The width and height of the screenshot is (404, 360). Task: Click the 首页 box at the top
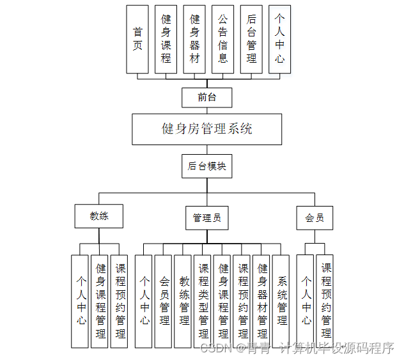[x=137, y=39]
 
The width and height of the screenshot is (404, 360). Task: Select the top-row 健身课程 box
[x=166, y=39]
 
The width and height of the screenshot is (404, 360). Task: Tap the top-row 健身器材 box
[x=195, y=39]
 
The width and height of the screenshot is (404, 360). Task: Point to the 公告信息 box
[x=223, y=39]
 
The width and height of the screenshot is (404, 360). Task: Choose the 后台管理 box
[x=251, y=39]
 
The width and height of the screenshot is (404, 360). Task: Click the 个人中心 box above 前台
[x=280, y=39]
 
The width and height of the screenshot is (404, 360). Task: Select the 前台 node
[x=206, y=98]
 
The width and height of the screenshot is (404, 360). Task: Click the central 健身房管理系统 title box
[x=206, y=129]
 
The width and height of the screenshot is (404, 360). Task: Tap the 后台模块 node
[x=206, y=166]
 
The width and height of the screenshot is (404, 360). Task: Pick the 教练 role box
[x=99, y=216]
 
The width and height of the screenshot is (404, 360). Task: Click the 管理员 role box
[x=206, y=217]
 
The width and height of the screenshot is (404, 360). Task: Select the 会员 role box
[x=314, y=217]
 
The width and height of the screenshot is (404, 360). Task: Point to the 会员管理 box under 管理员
[x=164, y=301]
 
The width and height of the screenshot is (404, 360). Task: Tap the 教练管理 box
[x=184, y=301]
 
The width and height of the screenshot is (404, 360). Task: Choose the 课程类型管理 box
[x=204, y=301]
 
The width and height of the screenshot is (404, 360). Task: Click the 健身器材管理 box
[x=262, y=301]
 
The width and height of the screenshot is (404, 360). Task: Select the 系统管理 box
[x=282, y=301]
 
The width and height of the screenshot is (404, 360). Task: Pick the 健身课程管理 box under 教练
[x=100, y=301]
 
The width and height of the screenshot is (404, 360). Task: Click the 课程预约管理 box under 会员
[x=326, y=301]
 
